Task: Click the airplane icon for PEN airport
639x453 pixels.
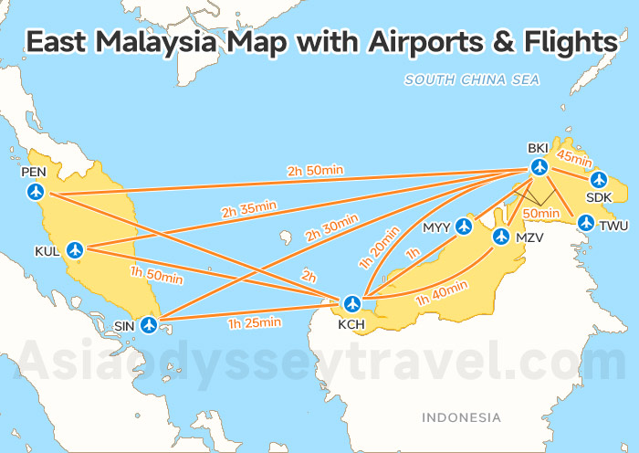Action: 36,192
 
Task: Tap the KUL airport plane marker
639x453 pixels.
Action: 75,249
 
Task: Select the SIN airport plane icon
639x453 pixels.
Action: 150,324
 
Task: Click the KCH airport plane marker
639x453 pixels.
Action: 352,302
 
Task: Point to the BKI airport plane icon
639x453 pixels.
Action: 539,167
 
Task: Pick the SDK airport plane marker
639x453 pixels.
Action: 598,179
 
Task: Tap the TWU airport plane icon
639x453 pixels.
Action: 586,222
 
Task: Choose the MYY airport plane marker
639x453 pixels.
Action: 465,226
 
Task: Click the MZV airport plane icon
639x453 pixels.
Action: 500,236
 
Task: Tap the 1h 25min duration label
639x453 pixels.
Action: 254,321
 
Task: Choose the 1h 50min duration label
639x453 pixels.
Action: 156,274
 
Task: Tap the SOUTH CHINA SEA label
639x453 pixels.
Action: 472,80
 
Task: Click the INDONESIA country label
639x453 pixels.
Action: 461,417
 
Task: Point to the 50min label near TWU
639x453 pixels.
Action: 542,213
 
